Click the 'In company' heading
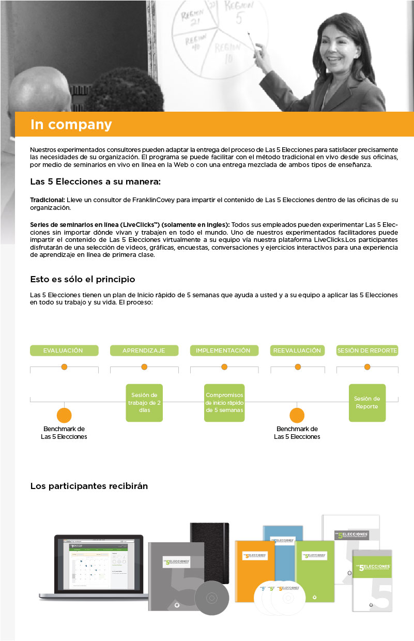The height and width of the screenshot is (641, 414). (71, 125)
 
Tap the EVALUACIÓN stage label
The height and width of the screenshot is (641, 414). (64, 350)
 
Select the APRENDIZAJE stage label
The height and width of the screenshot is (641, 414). (144, 350)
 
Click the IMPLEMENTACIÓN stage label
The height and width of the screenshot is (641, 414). (223, 350)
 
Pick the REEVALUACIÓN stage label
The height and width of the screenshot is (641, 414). (297, 350)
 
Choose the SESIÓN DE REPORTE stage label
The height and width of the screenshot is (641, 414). (367, 350)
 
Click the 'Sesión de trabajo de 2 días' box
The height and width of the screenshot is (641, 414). (145, 403)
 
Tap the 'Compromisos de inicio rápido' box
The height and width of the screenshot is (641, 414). (224, 403)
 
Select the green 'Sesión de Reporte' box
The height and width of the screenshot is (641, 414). (367, 402)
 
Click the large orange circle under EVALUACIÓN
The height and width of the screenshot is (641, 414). (64, 415)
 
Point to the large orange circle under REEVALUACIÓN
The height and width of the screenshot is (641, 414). (297, 415)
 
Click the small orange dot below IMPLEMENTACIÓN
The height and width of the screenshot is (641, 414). (224, 367)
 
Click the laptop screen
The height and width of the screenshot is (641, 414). (98, 564)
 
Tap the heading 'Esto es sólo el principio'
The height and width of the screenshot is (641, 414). (83, 280)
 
